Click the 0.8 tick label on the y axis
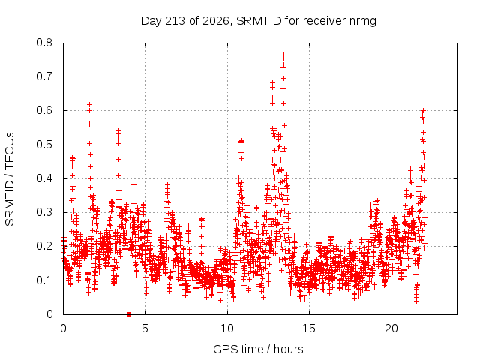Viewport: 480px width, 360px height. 44,43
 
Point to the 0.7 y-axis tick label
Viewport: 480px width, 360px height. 44,76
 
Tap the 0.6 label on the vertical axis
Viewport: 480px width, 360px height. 44,110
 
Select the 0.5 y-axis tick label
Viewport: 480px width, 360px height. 44,145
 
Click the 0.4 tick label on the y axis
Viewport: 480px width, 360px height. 44,178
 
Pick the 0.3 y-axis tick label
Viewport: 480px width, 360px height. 44,212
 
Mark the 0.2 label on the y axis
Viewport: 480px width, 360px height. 44,247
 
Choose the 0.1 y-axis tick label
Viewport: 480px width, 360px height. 44,280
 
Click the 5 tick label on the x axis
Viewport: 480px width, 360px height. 145,328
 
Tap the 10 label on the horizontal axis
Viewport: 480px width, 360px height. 227,328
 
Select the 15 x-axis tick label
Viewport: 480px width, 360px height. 309,328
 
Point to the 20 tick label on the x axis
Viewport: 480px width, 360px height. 391,328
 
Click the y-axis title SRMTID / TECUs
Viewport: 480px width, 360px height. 10,179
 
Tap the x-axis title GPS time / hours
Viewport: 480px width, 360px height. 258,349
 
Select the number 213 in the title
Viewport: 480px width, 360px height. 175,21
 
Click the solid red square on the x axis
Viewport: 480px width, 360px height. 128,314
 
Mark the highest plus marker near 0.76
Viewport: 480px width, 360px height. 283,55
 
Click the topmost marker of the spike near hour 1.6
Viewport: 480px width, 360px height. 89,105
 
